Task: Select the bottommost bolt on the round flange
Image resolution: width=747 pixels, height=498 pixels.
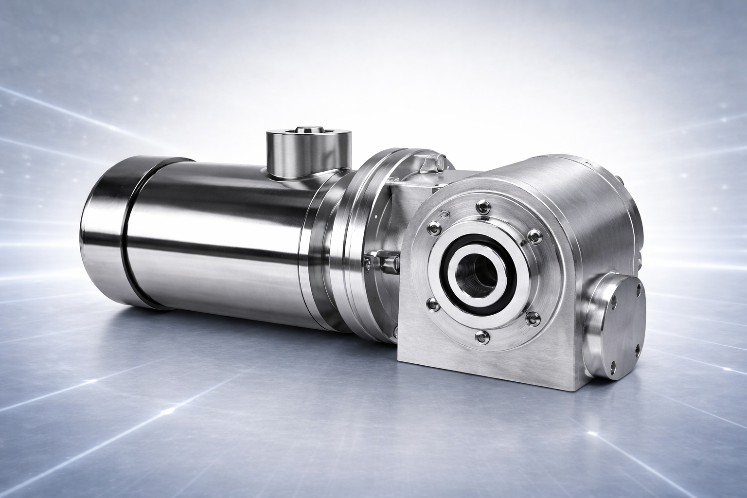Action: point(481,336)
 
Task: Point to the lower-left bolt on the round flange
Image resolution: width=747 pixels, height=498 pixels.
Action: point(430,304)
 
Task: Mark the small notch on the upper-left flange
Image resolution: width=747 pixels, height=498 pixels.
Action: point(444,213)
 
